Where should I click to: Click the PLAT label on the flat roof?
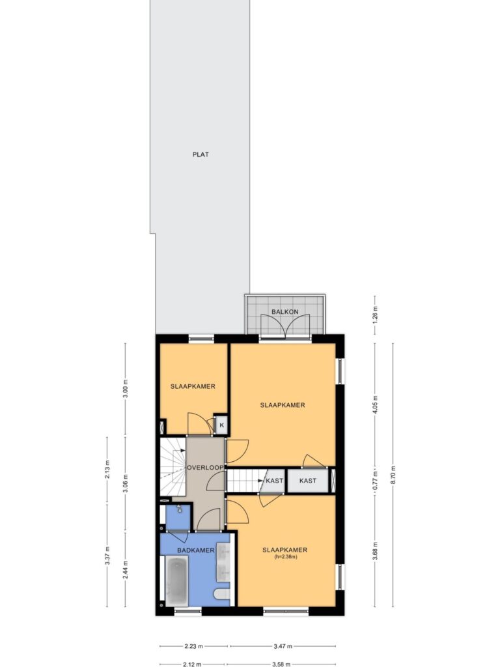[x=201, y=154]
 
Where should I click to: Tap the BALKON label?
[x=285, y=312]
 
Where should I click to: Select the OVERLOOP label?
[x=205, y=468]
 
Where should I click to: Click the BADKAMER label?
[x=195, y=550]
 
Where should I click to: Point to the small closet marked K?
[x=221, y=425]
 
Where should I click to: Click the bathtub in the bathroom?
[x=176, y=582]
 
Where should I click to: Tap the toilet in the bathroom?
[x=222, y=594]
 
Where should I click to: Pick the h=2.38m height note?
[x=285, y=556]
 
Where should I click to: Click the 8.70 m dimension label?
[x=393, y=475]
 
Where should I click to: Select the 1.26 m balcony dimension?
[x=374, y=315]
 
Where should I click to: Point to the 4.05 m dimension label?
[x=374, y=405]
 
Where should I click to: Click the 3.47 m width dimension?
[x=283, y=646]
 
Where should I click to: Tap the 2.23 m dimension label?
[x=193, y=646]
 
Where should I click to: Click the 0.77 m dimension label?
[x=374, y=481]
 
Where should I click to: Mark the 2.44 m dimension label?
[x=125, y=569]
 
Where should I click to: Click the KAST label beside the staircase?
[x=275, y=481]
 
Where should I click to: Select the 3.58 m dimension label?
[x=281, y=664]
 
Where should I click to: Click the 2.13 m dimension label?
[x=107, y=470]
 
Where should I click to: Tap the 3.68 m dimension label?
[x=374, y=551]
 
